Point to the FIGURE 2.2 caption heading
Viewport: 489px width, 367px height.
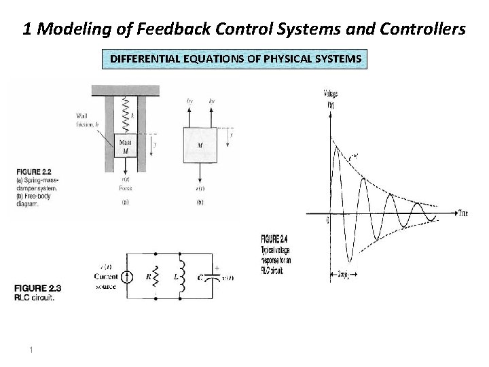[x=28, y=170]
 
